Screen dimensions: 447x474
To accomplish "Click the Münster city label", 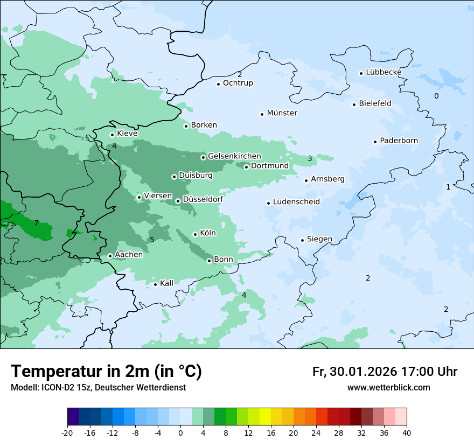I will tap(282, 113).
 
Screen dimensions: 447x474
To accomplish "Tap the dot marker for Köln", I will tap(195, 234).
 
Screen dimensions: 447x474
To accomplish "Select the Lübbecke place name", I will tap(384, 72).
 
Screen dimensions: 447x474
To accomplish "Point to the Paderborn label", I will tap(399, 141).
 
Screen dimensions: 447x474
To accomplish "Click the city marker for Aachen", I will tap(110, 256).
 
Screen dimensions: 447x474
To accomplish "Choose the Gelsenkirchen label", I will tap(234, 156).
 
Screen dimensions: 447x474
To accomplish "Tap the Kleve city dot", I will tap(112, 135).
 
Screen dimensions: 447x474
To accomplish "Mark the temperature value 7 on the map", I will tap(36, 223).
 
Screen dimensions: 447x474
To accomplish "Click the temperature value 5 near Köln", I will tap(152, 240).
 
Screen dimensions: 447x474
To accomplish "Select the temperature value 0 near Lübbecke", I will tap(436, 96).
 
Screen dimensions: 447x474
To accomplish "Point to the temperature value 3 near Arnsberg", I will tap(310, 158).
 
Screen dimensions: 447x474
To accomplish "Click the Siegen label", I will tap(319, 239).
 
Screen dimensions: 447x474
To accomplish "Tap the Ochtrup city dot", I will tap(218, 84).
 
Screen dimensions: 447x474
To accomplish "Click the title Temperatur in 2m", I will tap(106, 372).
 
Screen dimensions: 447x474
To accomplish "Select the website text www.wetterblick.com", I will tap(388, 388).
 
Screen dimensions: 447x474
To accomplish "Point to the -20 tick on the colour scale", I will tap(67, 433).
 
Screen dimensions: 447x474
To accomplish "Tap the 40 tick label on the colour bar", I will tap(407, 433).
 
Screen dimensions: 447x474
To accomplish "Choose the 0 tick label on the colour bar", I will tap(180, 433).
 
